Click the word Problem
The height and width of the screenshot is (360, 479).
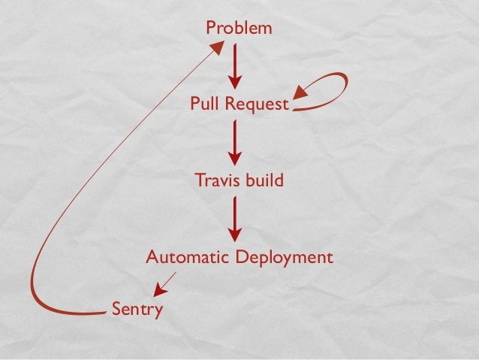(239, 29)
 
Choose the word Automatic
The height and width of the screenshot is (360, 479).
(187, 258)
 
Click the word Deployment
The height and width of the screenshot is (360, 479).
(285, 259)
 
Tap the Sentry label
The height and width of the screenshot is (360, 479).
(137, 308)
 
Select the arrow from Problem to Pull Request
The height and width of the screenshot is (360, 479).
(235, 65)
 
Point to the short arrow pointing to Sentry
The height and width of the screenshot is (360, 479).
(164, 283)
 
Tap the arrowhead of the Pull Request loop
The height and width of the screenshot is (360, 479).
(301, 92)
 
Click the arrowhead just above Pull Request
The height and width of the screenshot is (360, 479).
(235, 80)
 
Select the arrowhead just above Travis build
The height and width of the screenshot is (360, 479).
(235, 157)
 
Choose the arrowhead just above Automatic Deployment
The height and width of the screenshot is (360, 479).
(235, 232)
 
